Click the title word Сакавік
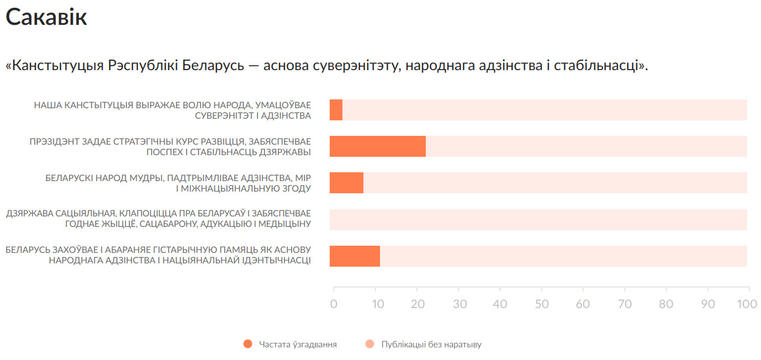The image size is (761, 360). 46,18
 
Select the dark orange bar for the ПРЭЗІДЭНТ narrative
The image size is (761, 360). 377,146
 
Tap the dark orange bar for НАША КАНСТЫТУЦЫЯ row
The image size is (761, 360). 336,110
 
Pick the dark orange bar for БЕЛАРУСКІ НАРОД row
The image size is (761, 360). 346,183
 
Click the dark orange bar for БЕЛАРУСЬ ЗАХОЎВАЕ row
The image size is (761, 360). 355,256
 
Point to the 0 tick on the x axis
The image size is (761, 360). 334,304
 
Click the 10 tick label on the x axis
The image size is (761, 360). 376,304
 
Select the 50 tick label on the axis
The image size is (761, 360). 542,304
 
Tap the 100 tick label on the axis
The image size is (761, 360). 747,304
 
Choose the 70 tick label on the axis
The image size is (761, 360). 625,304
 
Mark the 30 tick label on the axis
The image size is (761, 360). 459,304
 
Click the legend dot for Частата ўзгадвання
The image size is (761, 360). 247,344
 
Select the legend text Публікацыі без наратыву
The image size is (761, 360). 431,345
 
